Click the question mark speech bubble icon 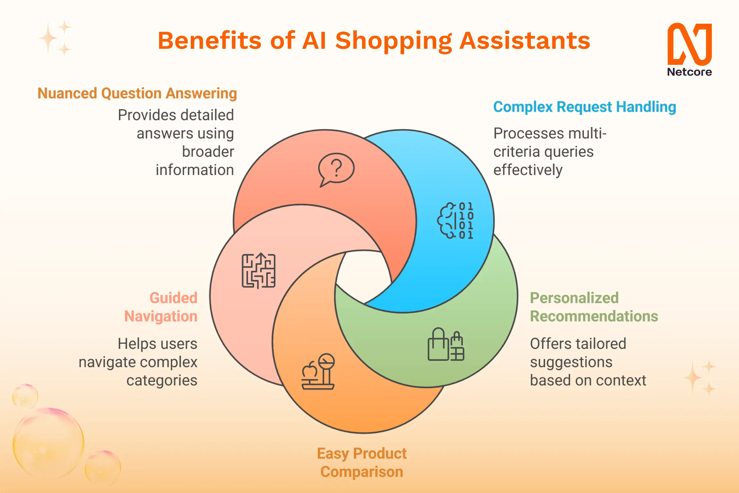tap(336, 169)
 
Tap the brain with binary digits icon tap(455, 221)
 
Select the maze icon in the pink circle tap(259, 271)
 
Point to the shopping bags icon tap(446, 344)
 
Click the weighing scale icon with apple tap(318, 372)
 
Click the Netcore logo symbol tap(690, 44)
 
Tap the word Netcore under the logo tap(690, 72)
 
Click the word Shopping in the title tap(394, 42)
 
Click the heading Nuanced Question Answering tap(137, 94)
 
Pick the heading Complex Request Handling tap(585, 107)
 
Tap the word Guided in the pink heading tap(174, 298)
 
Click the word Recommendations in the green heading tap(594, 316)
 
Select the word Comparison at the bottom tap(362, 472)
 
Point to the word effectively tap(528, 170)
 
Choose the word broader tap(208, 152)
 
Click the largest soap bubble tap(48, 443)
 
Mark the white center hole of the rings tap(363, 277)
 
